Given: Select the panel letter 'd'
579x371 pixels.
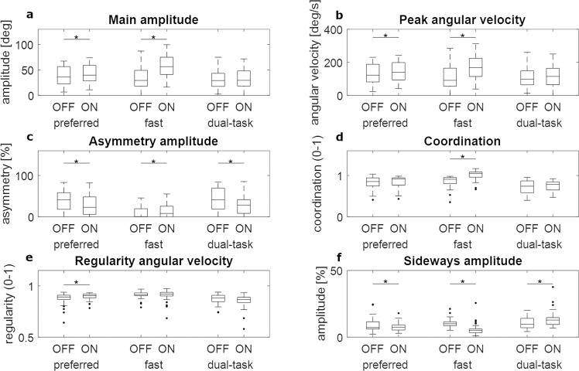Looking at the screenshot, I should coord(300,136).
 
